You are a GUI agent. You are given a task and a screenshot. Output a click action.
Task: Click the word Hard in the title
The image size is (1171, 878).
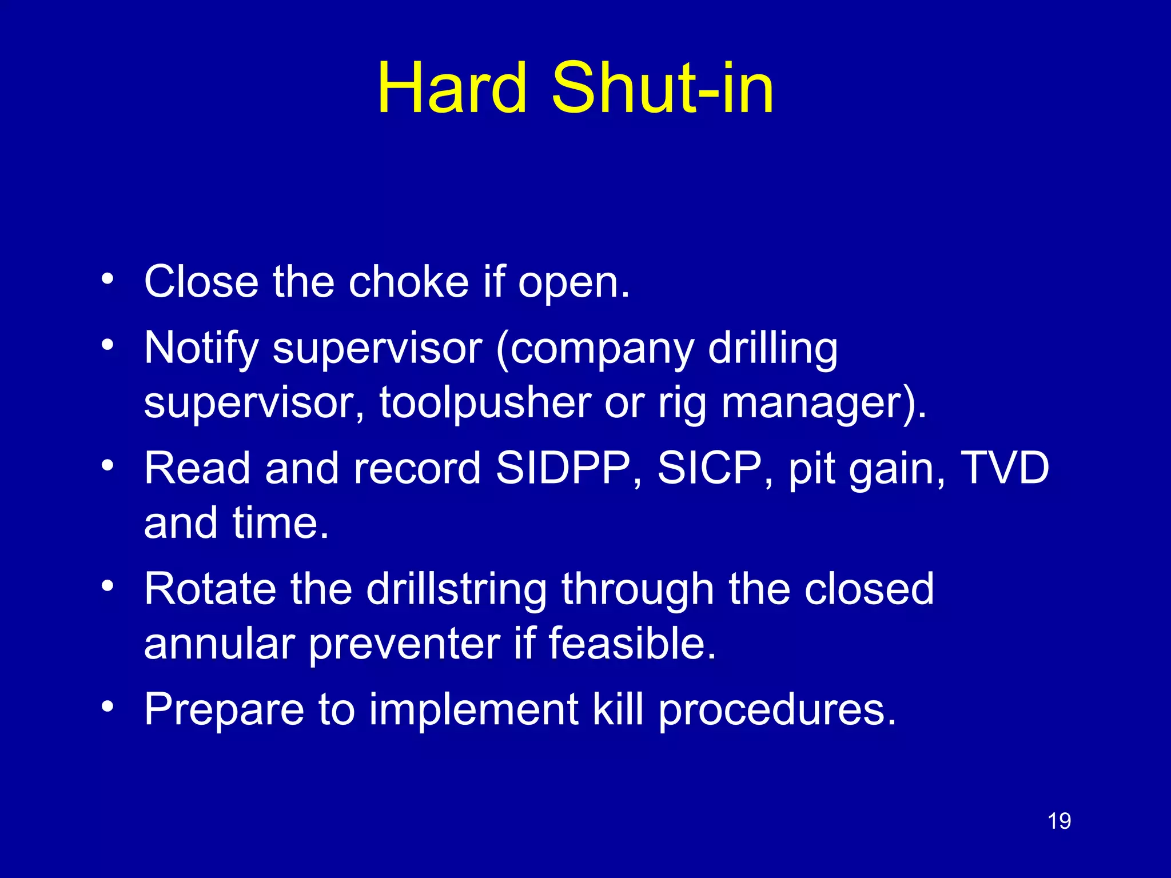coord(452,89)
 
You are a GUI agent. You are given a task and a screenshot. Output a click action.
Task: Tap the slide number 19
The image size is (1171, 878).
coord(1059,821)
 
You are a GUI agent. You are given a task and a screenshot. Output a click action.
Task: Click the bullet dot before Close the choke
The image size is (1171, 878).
coord(107,280)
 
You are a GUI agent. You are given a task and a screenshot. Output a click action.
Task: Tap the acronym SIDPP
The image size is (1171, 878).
coord(563,468)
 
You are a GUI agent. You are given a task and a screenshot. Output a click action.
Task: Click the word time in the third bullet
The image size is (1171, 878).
coord(280,523)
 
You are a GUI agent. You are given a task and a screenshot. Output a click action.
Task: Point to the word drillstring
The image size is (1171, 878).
coord(456,589)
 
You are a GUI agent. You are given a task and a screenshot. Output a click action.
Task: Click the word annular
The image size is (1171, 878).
coord(219,644)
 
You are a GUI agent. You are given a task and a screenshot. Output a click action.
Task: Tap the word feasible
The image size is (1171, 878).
coord(632,644)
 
